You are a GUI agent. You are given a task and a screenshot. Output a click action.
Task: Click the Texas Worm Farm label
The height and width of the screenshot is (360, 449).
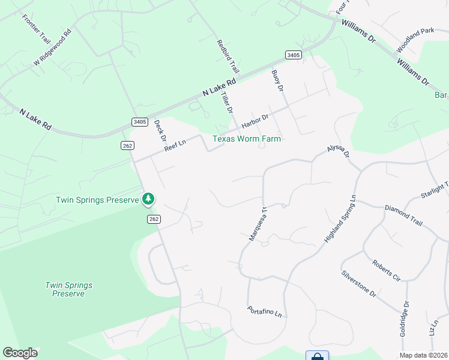247,139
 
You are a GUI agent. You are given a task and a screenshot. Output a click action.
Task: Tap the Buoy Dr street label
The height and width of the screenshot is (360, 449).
277,80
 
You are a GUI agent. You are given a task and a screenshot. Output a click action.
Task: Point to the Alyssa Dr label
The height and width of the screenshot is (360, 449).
337,151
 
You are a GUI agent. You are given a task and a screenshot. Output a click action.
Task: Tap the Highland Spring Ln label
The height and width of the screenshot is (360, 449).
340,218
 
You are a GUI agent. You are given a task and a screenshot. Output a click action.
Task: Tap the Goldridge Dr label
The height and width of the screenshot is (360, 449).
405,322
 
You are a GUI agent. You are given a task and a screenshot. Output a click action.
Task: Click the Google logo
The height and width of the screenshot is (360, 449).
20,353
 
